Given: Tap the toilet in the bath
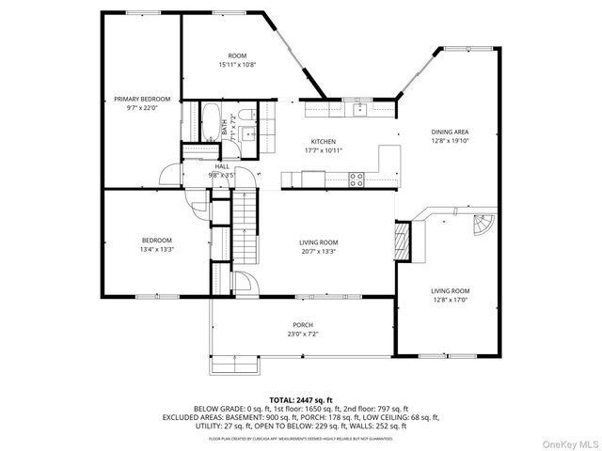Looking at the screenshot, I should [244, 116].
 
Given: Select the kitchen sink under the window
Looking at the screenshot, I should [358, 109].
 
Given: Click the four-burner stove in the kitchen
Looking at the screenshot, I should [357, 179].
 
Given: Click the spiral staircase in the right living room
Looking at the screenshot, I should [482, 226].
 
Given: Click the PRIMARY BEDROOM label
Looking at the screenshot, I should [142, 99].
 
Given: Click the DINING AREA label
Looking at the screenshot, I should [450, 132].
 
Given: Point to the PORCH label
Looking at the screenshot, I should [303, 324].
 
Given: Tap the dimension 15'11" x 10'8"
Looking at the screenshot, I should [237, 65].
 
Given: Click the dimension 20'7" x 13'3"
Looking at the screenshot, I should [318, 252].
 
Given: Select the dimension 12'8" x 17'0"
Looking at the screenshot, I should [451, 301].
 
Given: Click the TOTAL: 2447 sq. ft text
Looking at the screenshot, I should [301, 399].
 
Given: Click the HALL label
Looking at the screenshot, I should [221, 165].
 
